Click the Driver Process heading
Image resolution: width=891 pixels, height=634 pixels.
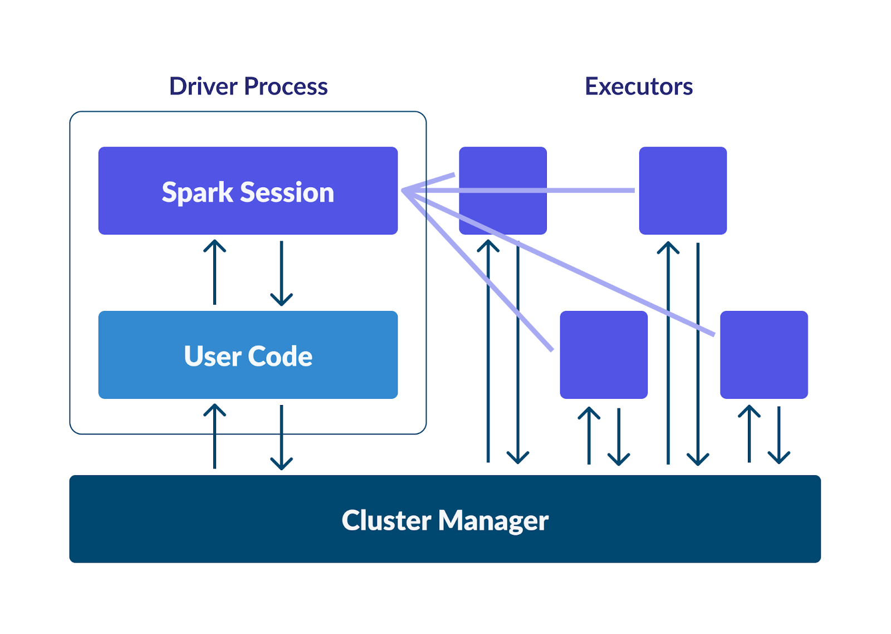[x=248, y=86]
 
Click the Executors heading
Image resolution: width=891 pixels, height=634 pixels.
[x=639, y=86]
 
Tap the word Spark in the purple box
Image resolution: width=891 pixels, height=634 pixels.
[x=197, y=193]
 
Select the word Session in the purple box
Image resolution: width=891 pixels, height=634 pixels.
[x=287, y=192]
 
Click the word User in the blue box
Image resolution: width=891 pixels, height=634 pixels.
[x=213, y=356]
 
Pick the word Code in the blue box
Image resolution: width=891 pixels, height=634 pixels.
[x=280, y=356]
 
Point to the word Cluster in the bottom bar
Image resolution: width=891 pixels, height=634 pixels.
[x=386, y=520]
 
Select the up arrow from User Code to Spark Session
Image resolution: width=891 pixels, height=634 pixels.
[x=215, y=272]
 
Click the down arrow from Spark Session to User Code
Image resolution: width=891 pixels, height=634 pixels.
[x=282, y=274]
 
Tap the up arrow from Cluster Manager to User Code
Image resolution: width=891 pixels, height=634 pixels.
[x=215, y=436]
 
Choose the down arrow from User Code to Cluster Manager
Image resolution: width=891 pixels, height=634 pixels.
[x=282, y=437]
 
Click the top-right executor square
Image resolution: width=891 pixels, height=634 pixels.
[x=683, y=191]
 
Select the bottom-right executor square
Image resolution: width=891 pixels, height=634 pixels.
[x=764, y=355]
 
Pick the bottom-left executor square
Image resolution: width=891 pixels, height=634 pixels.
[x=604, y=355]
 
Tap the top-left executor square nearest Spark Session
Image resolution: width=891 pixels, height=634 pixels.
[x=503, y=191]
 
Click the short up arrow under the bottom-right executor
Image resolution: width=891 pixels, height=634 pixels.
[x=750, y=434]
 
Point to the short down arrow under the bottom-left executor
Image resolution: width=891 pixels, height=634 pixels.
[x=619, y=437]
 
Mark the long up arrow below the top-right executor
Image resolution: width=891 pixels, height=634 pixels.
[x=668, y=353]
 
